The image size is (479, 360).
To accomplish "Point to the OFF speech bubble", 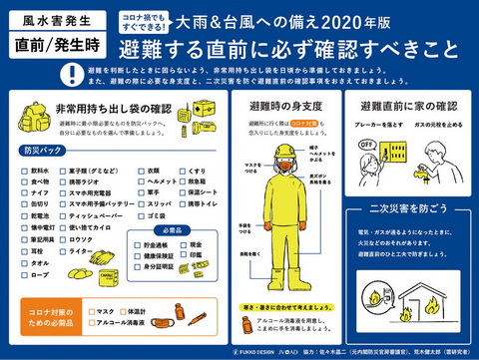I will (368, 146).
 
